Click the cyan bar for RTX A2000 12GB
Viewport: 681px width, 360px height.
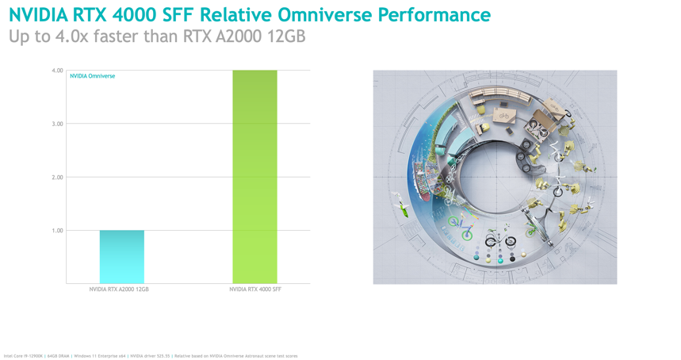click(x=121, y=256)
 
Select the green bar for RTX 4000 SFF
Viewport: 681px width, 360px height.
click(x=254, y=176)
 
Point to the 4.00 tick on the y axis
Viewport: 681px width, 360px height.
click(x=57, y=71)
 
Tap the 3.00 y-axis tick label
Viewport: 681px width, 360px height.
click(x=57, y=124)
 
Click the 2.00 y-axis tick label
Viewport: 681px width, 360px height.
click(x=57, y=178)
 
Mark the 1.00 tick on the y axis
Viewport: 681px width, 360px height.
click(x=57, y=231)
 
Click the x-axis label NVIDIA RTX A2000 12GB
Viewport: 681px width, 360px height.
click(x=119, y=289)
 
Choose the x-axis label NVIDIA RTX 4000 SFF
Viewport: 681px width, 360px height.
click(x=255, y=289)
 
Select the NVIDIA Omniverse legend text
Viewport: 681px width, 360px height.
click(x=93, y=76)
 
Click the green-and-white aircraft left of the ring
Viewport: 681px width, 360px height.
click(x=402, y=208)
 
